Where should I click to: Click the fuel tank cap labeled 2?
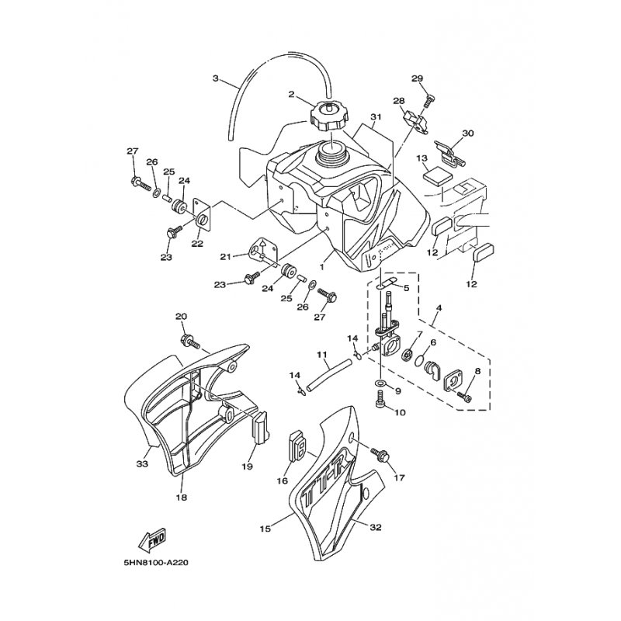[328, 116]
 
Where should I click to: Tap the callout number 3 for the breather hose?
[216, 78]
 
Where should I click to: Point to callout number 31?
[376, 117]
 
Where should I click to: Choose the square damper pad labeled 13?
[437, 176]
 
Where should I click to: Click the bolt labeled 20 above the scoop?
[190, 342]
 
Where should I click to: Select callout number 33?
[142, 463]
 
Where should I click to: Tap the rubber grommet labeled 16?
[297, 446]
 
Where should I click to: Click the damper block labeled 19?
[261, 427]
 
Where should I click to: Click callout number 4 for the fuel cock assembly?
[439, 307]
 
